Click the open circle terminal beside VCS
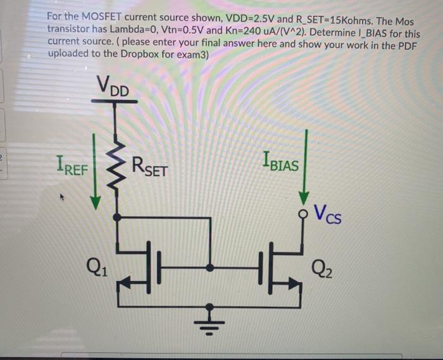pyautogui.click(x=305, y=211)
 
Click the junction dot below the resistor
pyautogui.click(x=115, y=217)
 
